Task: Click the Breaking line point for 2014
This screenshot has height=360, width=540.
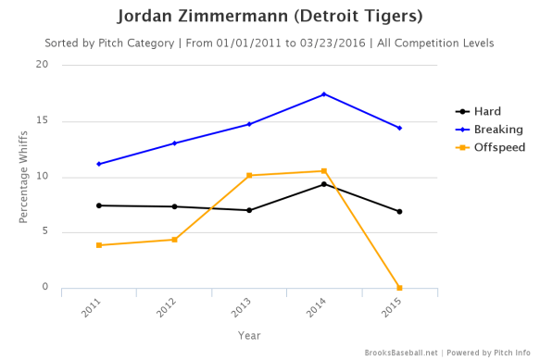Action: pyautogui.click(x=324, y=94)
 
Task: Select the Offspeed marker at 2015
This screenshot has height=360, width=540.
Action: pyautogui.click(x=399, y=288)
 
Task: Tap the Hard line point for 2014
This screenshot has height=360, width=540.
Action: pyautogui.click(x=324, y=184)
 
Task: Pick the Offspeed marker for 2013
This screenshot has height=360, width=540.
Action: pyautogui.click(x=249, y=175)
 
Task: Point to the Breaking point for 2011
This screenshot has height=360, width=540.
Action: pyautogui.click(x=99, y=164)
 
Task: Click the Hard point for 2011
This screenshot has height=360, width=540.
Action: pyautogui.click(x=99, y=205)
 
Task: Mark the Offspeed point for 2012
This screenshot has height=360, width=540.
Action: pyautogui.click(x=174, y=240)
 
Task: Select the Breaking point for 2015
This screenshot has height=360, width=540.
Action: pyautogui.click(x=399, y=128)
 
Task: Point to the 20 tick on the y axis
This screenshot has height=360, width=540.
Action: pyautogui.click(x=42, y=65)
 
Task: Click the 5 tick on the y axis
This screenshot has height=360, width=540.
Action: pyautogui.click(x=44, y=232)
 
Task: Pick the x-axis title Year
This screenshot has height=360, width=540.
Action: pyautogui.click(x=248, y=335)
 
